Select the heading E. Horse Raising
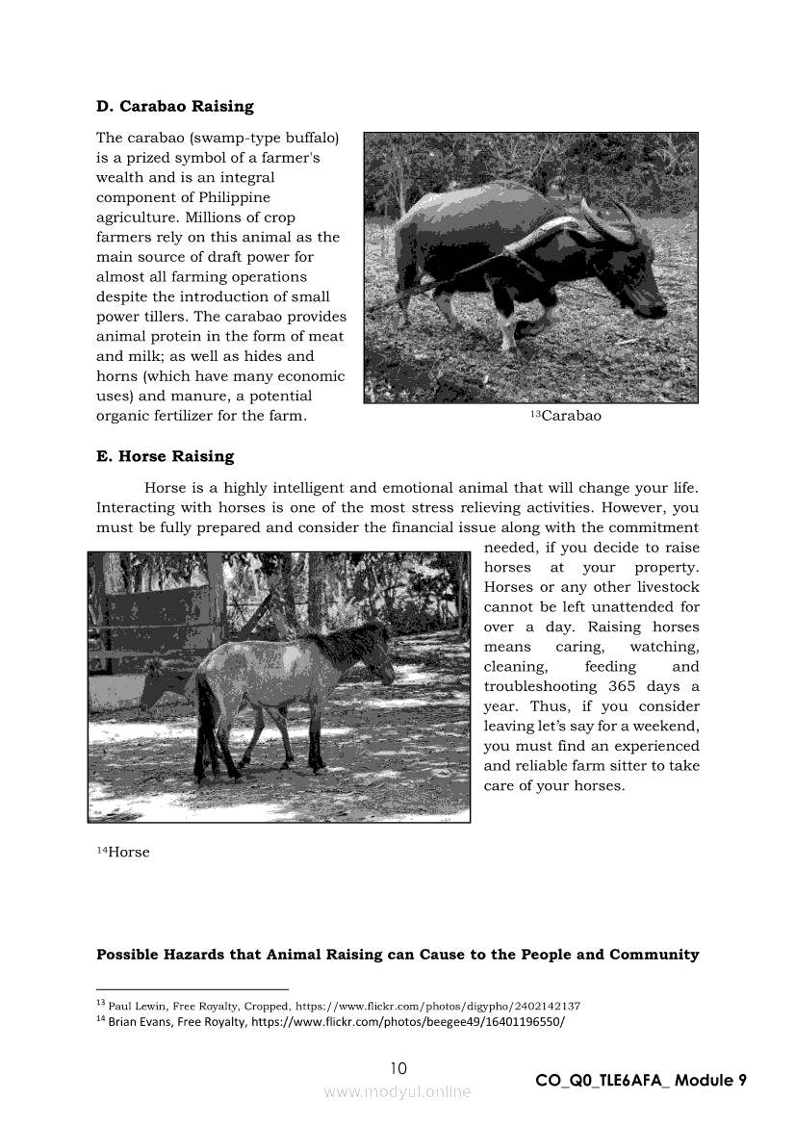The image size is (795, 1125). coord(165,456)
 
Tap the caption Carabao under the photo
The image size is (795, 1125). coord(570,416)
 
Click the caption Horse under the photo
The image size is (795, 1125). coord(128,853)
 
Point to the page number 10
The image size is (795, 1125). coord(398,1067)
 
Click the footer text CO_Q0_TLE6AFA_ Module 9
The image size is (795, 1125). coord(641,1080)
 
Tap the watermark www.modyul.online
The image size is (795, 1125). coord(397,1091)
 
